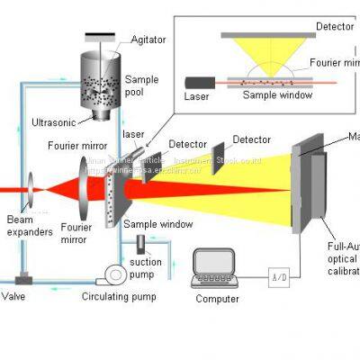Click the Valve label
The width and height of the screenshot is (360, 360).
[14, 295]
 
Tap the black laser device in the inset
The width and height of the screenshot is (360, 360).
[195, 76]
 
